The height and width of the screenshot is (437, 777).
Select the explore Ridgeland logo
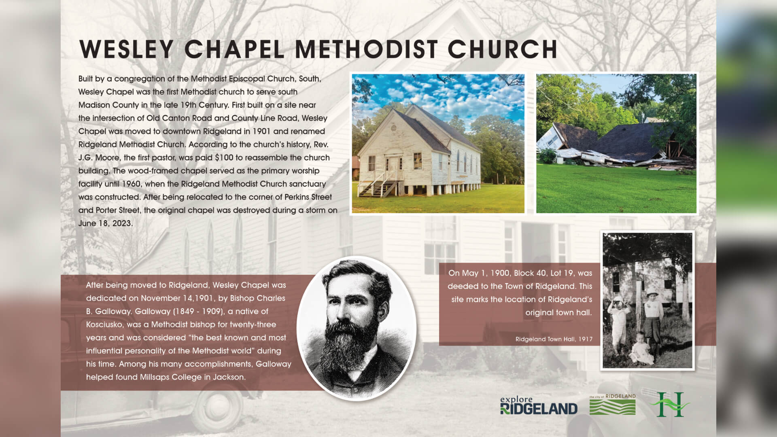click(539, 405)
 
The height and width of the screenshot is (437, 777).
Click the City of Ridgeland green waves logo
click(612, 405)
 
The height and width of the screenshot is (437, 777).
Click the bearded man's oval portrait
click(357, 328)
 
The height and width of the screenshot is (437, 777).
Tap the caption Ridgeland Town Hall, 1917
click(554, 339)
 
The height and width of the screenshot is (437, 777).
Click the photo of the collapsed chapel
click(616, 144)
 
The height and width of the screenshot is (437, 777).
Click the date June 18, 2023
click(105, 223)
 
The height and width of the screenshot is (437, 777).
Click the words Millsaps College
click(171, 377)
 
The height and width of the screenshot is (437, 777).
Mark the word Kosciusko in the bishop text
click(104, 325)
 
